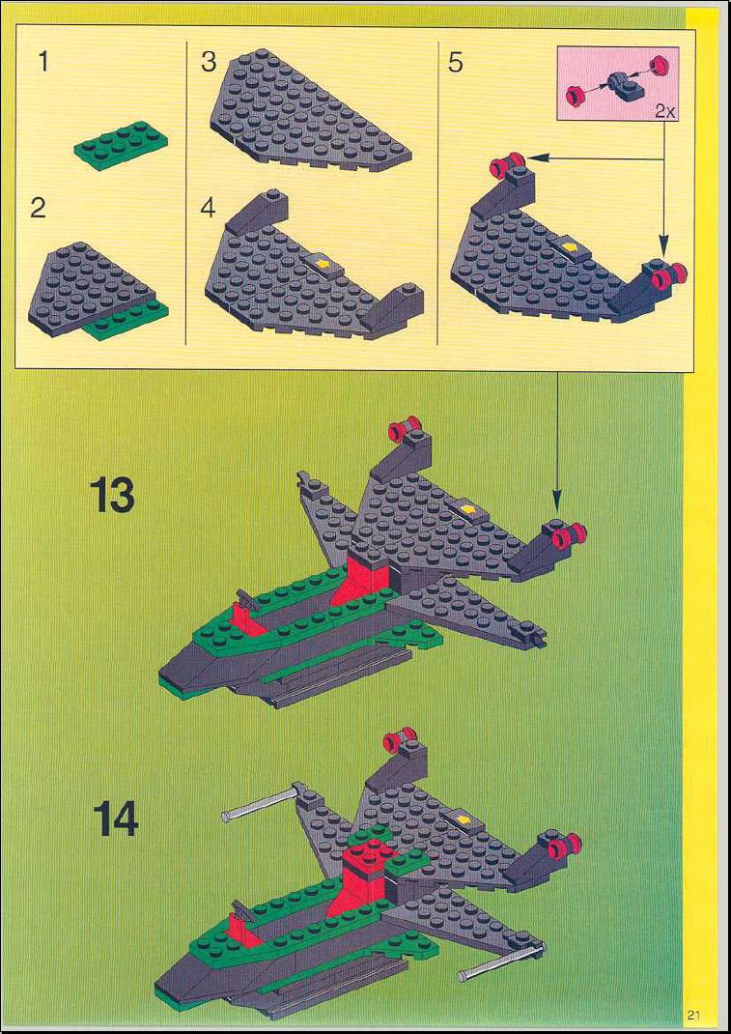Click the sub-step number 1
43,62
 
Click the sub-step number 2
39,209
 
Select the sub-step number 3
209,62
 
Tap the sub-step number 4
209,209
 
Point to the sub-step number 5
456,63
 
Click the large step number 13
113,495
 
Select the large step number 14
115,819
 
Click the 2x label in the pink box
665,111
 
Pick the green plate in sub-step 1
121,145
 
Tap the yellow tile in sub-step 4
323,263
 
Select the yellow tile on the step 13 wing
469,508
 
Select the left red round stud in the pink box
575,98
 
